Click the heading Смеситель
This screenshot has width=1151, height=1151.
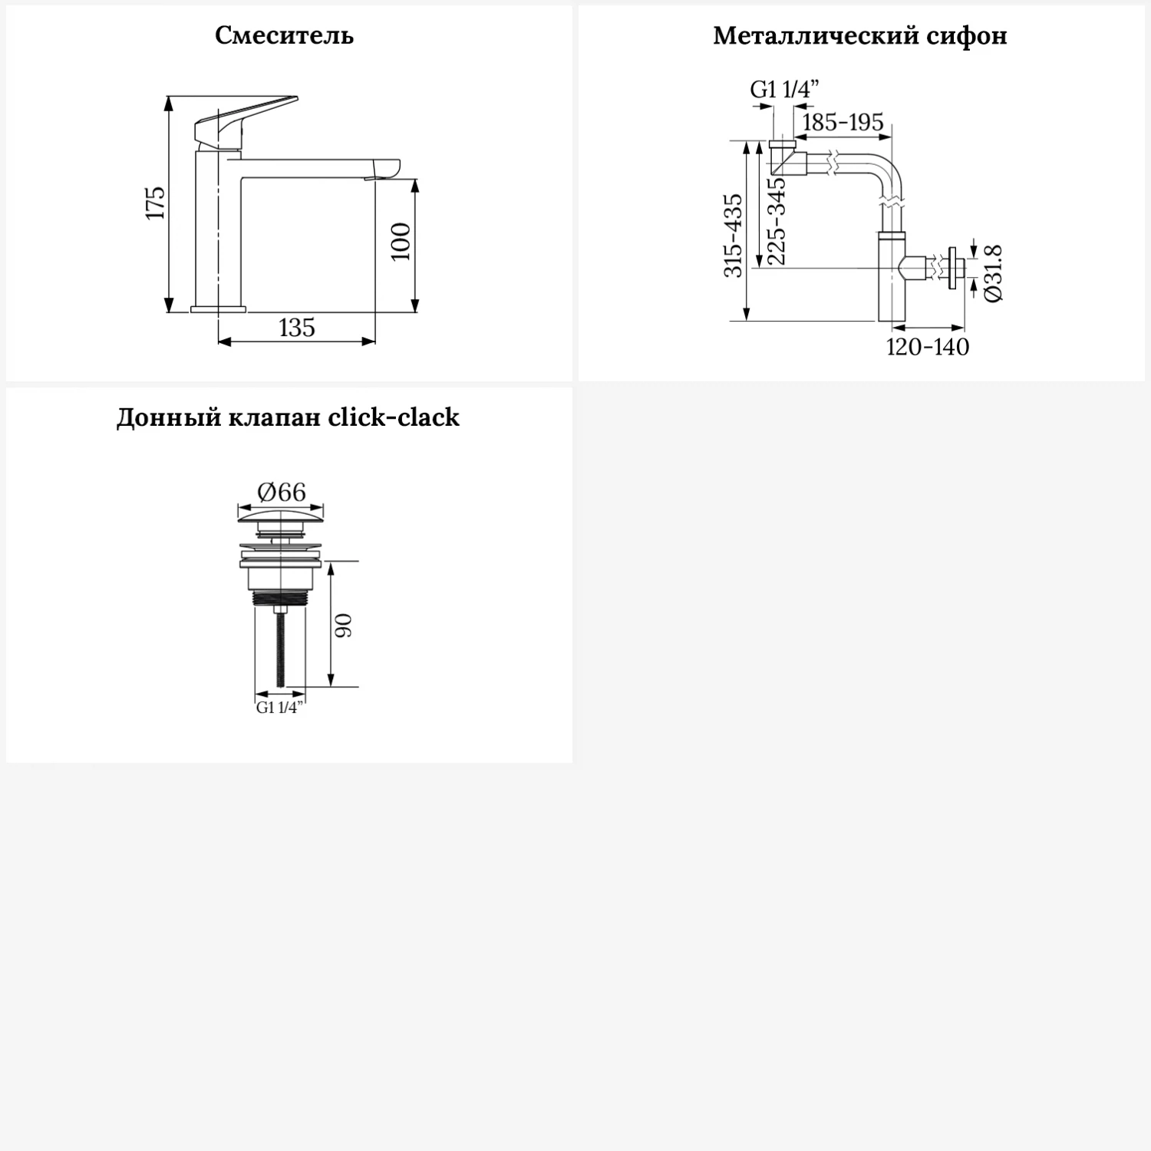point(284,35)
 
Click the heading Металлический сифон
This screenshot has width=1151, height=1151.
point(859,35)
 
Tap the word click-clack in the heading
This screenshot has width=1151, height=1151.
point(394,417)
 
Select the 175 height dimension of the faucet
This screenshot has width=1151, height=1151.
point(156,203)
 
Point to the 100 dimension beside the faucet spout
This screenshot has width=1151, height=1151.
point(401,242)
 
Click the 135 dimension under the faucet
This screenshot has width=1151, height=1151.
point(297,328)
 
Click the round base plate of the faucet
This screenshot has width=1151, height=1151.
point(219,308)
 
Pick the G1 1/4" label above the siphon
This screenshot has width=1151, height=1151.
point(784,90)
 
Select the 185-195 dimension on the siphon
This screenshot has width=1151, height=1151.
point(843,122)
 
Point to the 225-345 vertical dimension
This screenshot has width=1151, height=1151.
point(777,221)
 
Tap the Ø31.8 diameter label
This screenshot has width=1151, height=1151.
point(993,273)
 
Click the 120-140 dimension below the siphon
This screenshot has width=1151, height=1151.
point(927,347)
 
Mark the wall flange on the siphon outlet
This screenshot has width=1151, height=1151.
point(952,269)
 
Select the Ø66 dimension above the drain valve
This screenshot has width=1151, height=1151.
point(282,492)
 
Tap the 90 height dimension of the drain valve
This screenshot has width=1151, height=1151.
point(343,625)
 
